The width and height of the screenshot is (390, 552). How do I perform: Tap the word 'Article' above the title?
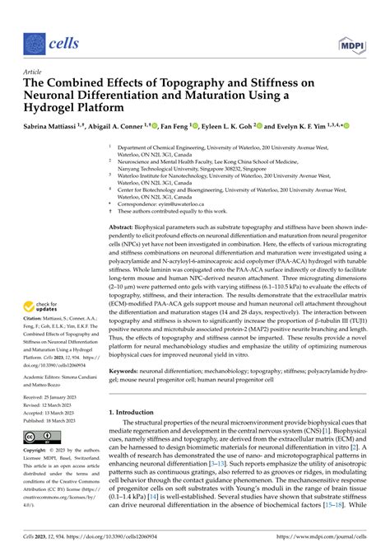pyautogui.click(x=33, y=73)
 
